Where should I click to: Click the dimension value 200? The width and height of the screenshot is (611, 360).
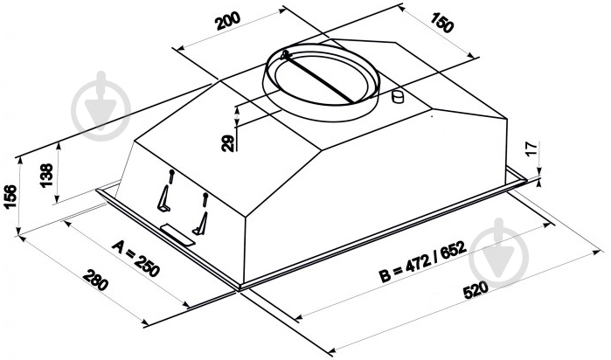[228, 24]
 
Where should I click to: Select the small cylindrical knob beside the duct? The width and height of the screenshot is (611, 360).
[399, 96]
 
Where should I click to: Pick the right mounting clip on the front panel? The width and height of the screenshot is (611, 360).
[202, 215]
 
